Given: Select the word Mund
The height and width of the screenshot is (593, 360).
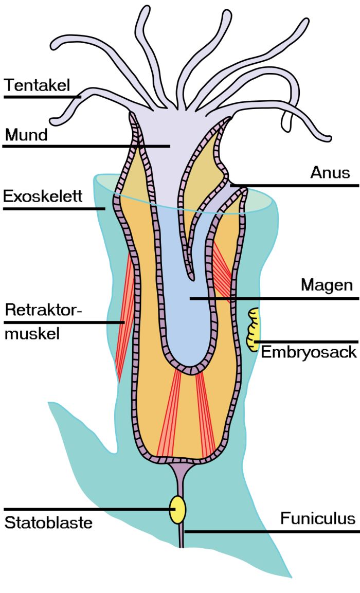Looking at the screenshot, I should coord(26,135).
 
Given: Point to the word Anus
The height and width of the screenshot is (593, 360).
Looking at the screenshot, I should coord(330,172).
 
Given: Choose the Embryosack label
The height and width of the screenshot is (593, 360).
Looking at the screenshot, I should coord(309,352).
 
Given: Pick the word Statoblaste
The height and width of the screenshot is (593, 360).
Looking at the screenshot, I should coord(48,523).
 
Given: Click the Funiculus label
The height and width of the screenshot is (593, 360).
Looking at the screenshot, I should coord(317,518).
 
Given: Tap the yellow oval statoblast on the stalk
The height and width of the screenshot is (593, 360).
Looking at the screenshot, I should coord(178,509).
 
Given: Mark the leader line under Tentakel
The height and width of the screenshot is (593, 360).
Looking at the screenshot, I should coord(41,96).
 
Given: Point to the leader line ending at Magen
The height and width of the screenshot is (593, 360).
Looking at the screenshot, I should coord(273,298).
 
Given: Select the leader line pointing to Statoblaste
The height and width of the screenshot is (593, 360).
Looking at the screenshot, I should coord(87,509).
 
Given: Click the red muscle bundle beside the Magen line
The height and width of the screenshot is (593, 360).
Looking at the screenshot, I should coord(224,270).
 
